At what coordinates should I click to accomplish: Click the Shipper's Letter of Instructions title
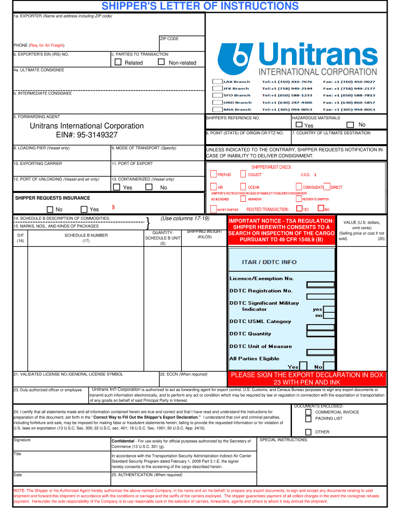pyautogui.click(x=200, y=6)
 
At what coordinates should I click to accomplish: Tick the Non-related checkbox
pyautogui.click(x=161, y=62)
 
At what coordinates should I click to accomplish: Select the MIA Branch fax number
pyautogui.click(x=349, y=109)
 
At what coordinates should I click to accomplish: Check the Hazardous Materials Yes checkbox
pyautogui.click(x=299, y=125)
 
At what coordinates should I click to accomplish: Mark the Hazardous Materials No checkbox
pyautogui.click(x=350, y=124)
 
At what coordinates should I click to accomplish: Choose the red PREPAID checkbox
pyautogui.click(x=214, y=174)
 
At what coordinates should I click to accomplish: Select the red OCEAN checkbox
pyautogui.click(x=243, y=187)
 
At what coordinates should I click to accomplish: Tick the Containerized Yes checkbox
pyautogui.click(x=116, y=187)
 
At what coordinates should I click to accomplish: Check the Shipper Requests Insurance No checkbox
pyautogui.click(x=50, y=209)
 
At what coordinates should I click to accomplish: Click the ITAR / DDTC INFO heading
pyautogui.click(x=269, y=262)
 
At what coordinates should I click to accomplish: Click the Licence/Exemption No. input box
pyautogui.click(x=320, y=284)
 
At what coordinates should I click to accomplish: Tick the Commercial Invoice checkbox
pyautogui.click(x=308, y=412)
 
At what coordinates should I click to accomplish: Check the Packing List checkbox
pyautogui.click(x=308, y=418)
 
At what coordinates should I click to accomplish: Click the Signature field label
pyautogui.click(x=22, y=440)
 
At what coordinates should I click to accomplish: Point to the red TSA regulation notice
pyautogui.click(x=281, y=230)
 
